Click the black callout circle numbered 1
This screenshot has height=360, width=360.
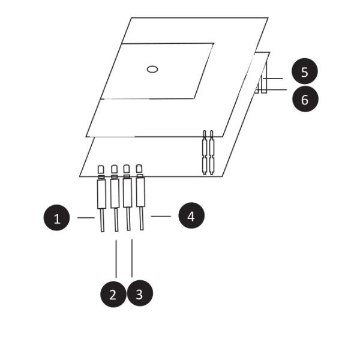(57, 218)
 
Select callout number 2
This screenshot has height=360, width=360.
(113, 294)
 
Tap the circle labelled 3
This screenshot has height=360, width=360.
(140, 294)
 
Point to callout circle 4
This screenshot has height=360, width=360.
(191, 215)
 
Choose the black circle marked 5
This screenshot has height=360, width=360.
(305, 72)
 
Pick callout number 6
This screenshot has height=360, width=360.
(305, 99)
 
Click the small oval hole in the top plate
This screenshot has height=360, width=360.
(152, 69)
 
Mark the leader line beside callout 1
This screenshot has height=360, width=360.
(86, 218)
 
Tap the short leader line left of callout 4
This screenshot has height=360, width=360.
(161, 215)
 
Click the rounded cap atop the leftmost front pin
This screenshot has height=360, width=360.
(101, 170)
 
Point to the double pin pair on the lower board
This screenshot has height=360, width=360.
(208, 153)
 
